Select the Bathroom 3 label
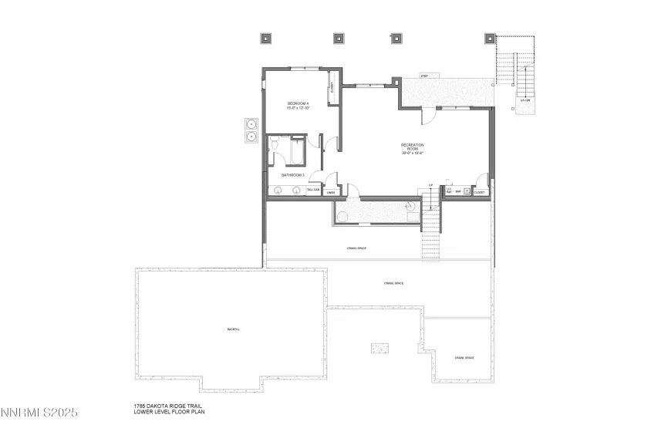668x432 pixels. [292, 175]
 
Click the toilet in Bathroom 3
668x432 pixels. [275, 143]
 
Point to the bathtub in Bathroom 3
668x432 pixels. [296, 150]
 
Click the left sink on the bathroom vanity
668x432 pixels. [278, 190]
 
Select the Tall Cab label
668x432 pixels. [313, 190]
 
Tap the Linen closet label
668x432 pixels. [330, 192]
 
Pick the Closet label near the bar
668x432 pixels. [480, 192]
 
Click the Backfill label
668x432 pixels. [233, 329]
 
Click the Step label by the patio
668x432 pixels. [424, 76]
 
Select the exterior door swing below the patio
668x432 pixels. [427, 114]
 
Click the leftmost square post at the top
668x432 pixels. [266, 37]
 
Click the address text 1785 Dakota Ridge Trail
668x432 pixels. [169, 406]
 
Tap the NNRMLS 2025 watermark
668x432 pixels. [45, 415]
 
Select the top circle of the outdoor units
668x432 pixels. [251, 123]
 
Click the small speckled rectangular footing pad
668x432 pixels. [378, 348]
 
